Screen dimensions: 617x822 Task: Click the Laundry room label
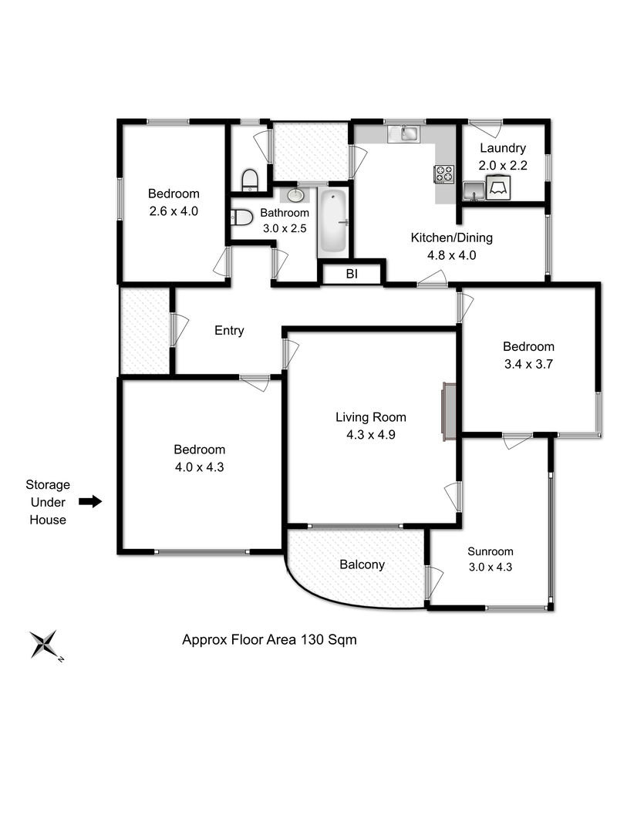pos(503,148)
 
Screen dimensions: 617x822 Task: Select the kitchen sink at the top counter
pos(404,133)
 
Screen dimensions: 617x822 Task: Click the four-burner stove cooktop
pos(443,174)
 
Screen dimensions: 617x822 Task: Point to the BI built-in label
pos(352,275)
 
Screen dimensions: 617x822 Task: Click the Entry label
pos(229,330)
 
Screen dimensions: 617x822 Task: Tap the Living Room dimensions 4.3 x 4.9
pos(371,435)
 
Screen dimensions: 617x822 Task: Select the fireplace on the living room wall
pos(449,411)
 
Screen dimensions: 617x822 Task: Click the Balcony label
pos(362,564)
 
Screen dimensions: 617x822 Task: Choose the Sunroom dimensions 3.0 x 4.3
pos(491,567)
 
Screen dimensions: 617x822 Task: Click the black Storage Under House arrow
pos(90,502)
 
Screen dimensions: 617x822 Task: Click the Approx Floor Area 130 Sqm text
pos(269,639)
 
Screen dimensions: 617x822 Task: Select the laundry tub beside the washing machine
pos(474,190)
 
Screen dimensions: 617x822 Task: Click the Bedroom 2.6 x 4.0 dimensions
pos(174,211)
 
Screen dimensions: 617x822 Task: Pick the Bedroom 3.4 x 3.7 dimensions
pos(528,364)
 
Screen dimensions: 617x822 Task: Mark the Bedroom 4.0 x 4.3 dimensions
pos(199,467)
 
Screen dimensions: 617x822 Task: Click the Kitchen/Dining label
pos(451,238)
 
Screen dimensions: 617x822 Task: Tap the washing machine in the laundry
pos(498,187)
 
